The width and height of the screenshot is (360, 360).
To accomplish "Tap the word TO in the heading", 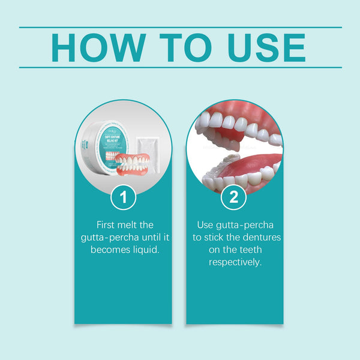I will coord(184,47).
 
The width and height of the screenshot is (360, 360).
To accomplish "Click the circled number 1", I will coord(124,198).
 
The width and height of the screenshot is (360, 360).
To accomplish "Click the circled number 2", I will coord(234,197).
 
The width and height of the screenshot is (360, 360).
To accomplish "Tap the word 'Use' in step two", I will coord(206,224).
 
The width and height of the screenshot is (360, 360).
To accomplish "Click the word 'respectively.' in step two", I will coord(235,262).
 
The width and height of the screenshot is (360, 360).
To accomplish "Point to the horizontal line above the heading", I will coord(180,27).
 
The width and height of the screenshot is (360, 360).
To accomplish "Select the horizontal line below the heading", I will coord(180,67).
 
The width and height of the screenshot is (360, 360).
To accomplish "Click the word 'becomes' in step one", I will coord(112,249).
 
